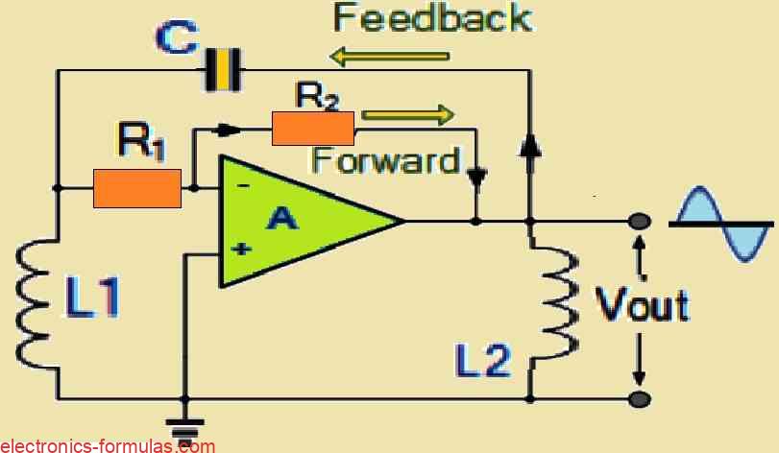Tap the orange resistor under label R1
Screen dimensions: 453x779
coord(137,188)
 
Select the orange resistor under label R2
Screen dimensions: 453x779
coord(313,128)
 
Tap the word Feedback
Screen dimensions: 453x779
coord(431,18)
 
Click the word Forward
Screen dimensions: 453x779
coord(385,159)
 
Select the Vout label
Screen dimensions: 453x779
coord(643,305)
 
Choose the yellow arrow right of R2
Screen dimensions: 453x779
coord(407,116)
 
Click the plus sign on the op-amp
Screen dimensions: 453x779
coord(241,250)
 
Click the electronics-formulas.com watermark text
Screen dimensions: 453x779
coord(108,444)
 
